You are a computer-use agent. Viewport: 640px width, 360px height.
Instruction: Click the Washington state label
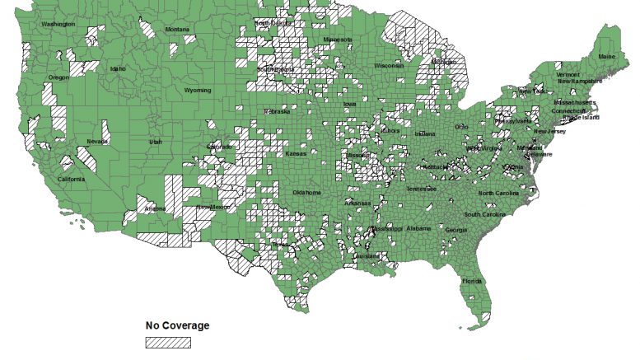tap(58, 24)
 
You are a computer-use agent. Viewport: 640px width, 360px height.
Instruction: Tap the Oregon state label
tap(59, 77)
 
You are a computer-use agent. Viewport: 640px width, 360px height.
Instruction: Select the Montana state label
tap(177, 30)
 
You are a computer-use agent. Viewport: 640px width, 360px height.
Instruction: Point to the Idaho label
tap(118, 68)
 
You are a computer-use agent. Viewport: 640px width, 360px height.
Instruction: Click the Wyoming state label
tap(198, 90)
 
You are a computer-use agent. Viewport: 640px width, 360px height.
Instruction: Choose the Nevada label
tap(97, 142)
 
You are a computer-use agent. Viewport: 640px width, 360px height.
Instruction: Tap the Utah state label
tap(156, 142)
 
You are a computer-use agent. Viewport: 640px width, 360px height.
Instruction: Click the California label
tap(70, 179)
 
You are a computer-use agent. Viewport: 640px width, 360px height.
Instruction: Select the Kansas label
tap(296, 154)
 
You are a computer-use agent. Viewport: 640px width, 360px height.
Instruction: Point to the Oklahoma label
tap(306, 193)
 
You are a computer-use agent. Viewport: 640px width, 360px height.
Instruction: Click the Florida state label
tap(472, 281)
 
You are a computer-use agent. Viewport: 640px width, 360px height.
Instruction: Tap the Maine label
tap(607, 57)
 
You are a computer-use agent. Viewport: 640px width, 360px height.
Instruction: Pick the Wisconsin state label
tap(388, 65)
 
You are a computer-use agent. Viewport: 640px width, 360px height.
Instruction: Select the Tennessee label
tap(421, 188)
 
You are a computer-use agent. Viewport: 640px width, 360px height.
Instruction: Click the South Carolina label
tap(486, 214)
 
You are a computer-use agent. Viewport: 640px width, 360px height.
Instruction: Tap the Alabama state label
tap(418, 228)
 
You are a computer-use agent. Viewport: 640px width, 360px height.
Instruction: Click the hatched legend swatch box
tap(168, 342)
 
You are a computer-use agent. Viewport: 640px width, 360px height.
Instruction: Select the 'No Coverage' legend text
tap(177, 325)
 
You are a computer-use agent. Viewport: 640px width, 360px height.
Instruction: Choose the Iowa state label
tap(350, 105)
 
